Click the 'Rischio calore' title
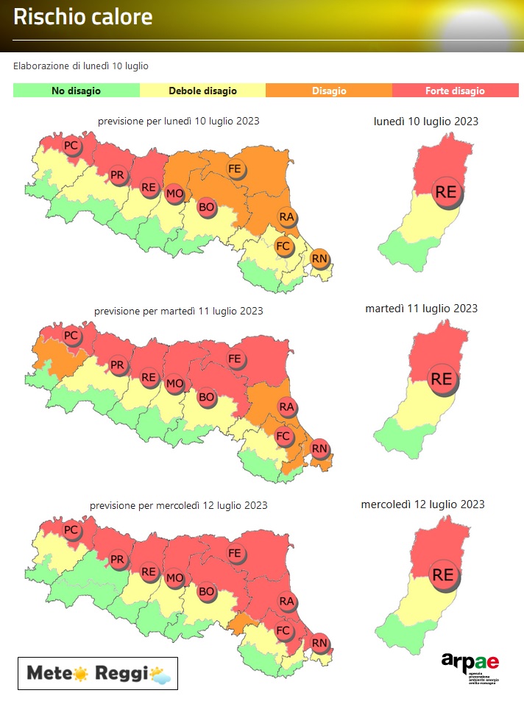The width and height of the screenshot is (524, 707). click(x=83, y=18)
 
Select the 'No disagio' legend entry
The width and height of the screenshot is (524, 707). click(x=76, y=91)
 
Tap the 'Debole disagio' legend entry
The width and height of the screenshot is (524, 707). click(x=202, y=91)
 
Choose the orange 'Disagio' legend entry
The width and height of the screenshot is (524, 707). click(x=328, y=91)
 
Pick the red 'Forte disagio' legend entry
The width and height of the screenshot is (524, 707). click(x=455, y=91)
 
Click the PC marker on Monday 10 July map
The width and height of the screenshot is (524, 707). click(x=71, y=147)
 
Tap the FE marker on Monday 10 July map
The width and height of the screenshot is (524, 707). click(x=236, y=169)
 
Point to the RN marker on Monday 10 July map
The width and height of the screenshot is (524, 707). click(x=319, y=258)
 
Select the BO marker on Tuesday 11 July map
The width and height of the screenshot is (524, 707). click(x=207, y=398)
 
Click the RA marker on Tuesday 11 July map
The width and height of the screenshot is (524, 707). click(x=287, y=407)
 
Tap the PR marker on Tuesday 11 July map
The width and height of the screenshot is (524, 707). click(x=118, y=365)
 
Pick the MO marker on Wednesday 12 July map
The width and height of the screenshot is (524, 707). click(x=174, y=577)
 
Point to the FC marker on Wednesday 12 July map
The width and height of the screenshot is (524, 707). click(x=283, y=631)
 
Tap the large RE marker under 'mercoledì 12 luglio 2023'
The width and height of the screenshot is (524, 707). click(x=443, y=574)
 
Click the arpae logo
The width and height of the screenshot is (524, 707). click(x=470, y=666)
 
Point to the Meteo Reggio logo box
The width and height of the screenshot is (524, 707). click(x=98, y=673)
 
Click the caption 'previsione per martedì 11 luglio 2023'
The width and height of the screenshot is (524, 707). click(x=179, y=311)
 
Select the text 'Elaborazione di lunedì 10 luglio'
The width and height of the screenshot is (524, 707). click(x=81, y=66)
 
